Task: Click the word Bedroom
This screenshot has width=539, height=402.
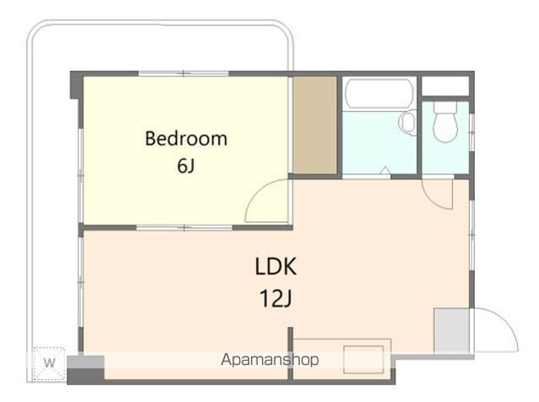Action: [186, 139]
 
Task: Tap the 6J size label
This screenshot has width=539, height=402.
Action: [186, 166]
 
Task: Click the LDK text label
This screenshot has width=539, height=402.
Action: [275, 267]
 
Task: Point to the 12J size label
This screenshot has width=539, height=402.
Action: [275, 299]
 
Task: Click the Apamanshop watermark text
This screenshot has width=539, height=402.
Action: [269, 359]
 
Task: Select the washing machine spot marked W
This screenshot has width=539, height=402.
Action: [49, 363]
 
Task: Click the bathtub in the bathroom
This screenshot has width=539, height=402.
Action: [379, 93]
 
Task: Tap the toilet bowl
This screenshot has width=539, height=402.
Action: [446, 122]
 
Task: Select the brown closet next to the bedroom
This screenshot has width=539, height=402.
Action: [314, 125]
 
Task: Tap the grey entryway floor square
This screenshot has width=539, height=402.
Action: [451, 331]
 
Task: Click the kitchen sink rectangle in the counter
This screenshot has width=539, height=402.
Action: [364, 359]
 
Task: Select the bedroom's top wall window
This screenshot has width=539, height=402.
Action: [184, 73]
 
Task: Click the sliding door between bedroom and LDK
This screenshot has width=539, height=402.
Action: [184, 227]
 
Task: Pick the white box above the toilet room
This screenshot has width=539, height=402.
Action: [446, 86]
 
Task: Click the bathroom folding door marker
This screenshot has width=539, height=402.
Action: [386, 170]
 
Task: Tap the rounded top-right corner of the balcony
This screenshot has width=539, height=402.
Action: [286, 30]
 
